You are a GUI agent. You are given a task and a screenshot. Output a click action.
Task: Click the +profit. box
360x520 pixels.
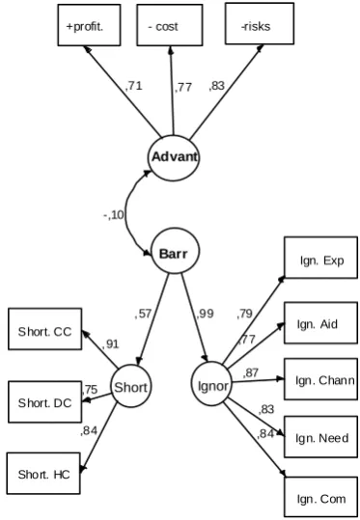pos(89,25)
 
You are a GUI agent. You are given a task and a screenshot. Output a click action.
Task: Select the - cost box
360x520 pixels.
pos(170,25)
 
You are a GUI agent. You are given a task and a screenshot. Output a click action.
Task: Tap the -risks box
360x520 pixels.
pos(260,23)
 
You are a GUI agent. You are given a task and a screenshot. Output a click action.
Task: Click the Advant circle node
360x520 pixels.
pos(173,158)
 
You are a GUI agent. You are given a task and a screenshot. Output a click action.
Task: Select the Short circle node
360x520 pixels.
pos(130,386)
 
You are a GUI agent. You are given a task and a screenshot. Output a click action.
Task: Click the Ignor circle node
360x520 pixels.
pos(212,384)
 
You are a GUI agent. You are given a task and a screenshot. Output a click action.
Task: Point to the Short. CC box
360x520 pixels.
pos(44,329)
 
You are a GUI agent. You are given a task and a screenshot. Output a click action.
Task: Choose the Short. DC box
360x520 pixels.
pos(44,402)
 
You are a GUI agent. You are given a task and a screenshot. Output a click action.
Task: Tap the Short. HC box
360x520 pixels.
pos(43,474)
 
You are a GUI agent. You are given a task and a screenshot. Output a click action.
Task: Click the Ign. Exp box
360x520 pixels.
pos(320,258)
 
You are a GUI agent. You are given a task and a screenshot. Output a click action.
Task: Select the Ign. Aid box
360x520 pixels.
pos(320,322)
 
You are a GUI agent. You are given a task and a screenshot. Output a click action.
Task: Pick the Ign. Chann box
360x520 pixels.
pos(320,379)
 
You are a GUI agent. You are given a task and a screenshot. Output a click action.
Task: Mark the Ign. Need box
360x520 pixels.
pos(320,437)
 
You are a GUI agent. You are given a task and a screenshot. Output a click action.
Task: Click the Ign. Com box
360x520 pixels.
pos(320,497)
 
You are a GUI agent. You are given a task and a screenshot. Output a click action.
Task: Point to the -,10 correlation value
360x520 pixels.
pos(114,215)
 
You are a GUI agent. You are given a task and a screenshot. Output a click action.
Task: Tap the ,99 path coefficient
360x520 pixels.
pos(206,314)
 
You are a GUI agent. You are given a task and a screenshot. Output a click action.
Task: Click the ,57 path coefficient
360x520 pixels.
pos(143,314)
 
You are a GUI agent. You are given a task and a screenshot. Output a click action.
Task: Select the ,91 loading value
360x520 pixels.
pos(110,344)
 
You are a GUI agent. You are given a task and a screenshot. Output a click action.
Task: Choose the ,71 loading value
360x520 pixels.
pos(134,86)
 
